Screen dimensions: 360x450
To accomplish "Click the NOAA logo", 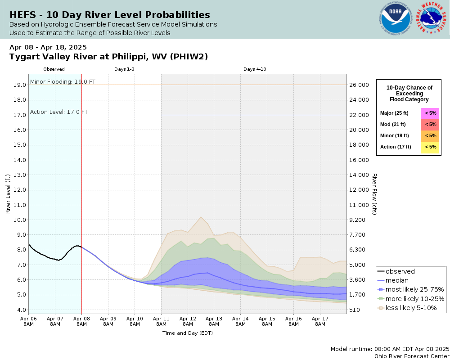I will [x=396, y=18].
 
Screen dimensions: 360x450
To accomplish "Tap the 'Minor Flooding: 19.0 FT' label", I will [x=63, y=81].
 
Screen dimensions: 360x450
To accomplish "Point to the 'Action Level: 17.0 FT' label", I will [x=59, y=112].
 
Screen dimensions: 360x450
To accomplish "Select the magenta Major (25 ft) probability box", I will [x=430, y=113].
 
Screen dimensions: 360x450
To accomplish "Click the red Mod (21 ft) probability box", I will [x=430, y=125].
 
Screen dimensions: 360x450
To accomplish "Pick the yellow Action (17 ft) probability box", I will [x=430, y=147].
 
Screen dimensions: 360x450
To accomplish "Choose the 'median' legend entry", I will [x=397, y=280].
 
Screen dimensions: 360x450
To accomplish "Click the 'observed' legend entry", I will [x=400, y=271].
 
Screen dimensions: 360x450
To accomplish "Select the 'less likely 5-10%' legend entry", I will [x=411, y=308].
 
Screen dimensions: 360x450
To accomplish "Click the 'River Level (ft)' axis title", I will [x=8, y=194].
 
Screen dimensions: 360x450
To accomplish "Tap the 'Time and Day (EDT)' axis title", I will [x=187, y=333].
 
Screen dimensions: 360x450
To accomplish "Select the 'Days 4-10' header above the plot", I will [x=255, y=69].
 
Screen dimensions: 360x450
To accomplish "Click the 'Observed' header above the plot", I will [x=54, y=69].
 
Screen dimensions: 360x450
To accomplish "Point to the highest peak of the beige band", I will [x=201, y=217].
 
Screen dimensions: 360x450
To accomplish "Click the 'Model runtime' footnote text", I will [x=390, y=349].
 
